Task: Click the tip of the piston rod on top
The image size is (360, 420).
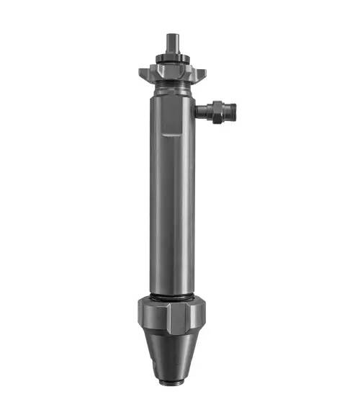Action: (x=171, y=36)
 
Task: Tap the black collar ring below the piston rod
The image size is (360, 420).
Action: (x=171, y=55)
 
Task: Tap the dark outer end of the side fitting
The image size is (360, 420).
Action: (x=233, y=111)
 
